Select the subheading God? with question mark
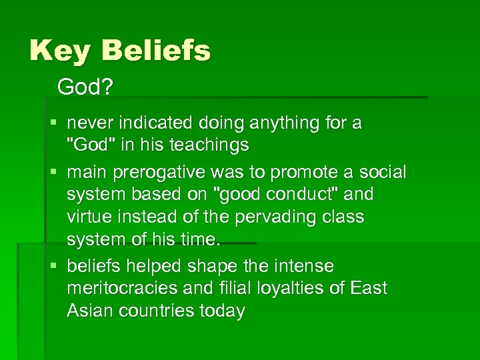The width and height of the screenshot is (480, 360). (x=84, y=87)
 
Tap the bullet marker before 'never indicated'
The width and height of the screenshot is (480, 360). (x=53, y=123)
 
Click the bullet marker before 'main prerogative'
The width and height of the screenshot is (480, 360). (x=53, y=173)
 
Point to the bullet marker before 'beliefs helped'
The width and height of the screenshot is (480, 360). (x=53, y=267)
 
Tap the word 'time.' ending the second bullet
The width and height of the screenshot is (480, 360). (x=200, y=239)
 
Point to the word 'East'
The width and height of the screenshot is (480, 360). (x=368, y=289)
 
